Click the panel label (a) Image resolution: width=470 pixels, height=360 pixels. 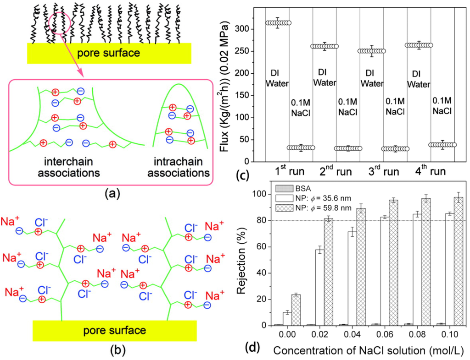click(x=111, y=193)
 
